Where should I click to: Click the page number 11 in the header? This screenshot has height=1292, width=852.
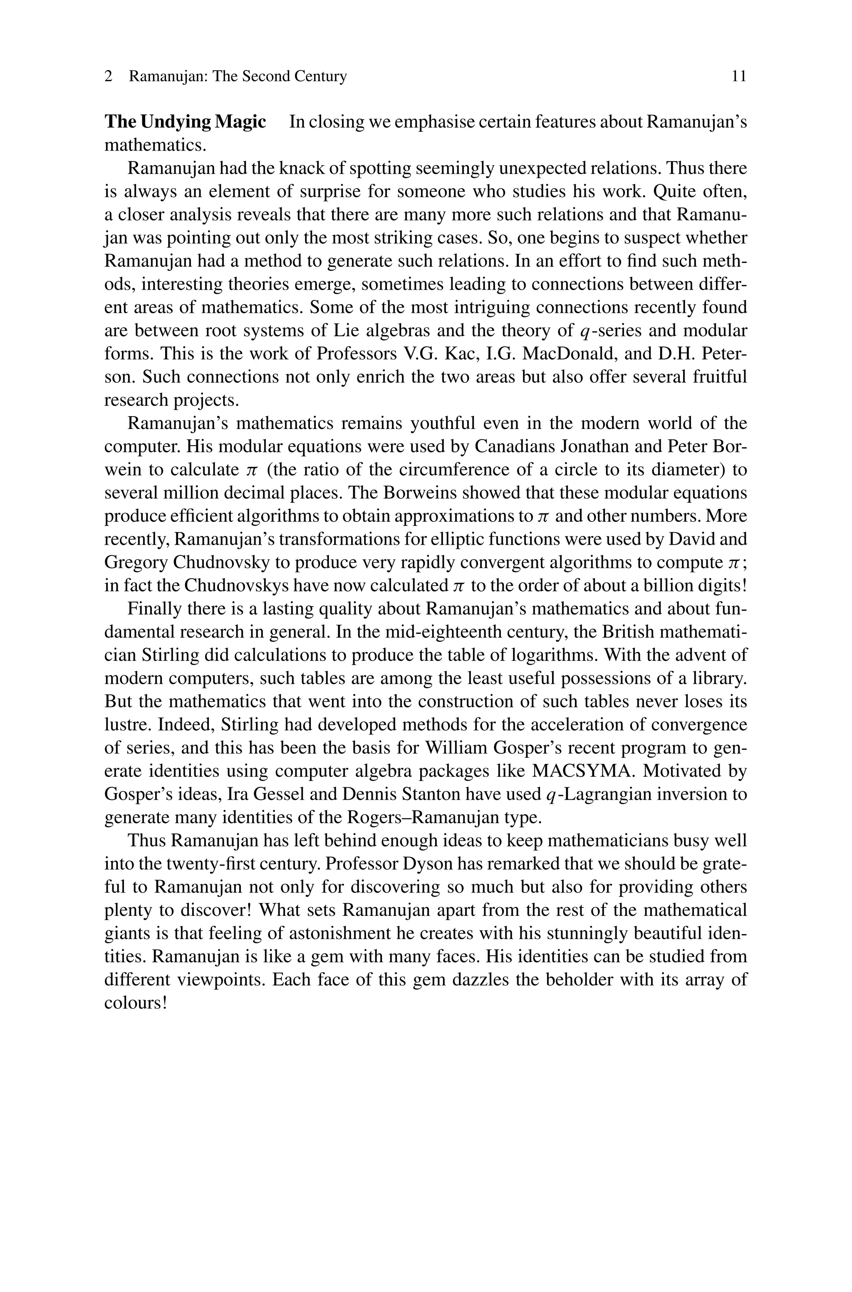click(739, 76)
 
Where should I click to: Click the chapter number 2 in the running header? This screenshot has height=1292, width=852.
click(109, 77)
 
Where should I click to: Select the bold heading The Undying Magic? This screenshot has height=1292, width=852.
click(185, 122)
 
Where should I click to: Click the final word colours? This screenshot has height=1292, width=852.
click(135, 1002)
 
